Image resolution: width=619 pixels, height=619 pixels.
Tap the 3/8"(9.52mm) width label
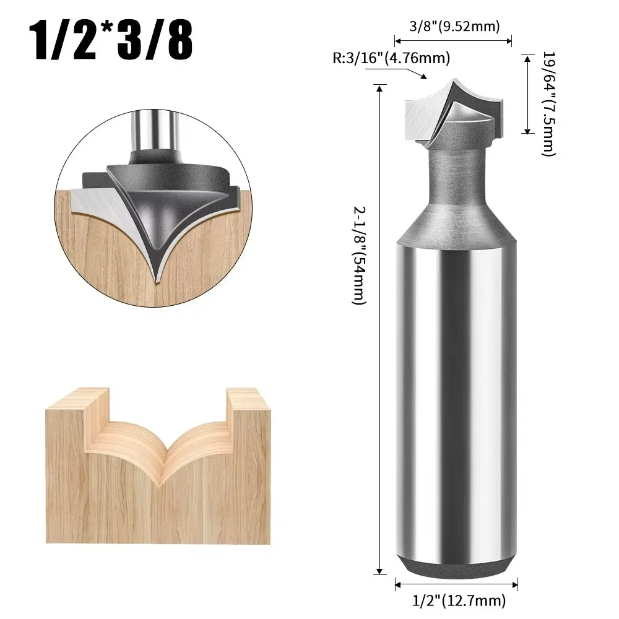point(454,26)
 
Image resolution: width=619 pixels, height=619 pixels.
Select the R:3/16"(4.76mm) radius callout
point(391,59)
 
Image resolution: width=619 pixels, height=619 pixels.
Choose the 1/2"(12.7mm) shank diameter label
point(459,600)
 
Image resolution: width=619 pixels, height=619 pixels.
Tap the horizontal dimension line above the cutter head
point(453,41)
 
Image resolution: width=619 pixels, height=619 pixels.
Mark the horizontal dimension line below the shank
point(456,584)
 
